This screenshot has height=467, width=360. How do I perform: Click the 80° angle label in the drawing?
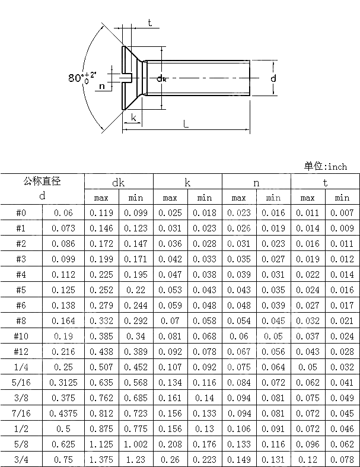tap(79, 78)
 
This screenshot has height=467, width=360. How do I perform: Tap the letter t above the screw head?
tap(149, 23)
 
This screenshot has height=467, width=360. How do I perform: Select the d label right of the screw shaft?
tap(273, 78)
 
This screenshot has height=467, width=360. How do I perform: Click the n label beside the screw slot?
tap(102, 87)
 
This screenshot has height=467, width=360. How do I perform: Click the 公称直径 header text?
tap(42, 182)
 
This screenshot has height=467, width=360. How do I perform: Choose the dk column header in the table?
tap(119, 183)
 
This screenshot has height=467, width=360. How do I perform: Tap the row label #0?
tap(21, 212)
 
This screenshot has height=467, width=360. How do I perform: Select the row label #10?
tap(21, 336)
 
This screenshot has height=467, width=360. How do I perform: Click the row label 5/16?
tap(21, 382)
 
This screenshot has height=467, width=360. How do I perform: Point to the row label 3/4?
tap(21, 459)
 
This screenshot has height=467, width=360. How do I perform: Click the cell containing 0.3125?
tap(63, 382)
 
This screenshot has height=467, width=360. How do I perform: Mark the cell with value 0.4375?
tap(63, 413)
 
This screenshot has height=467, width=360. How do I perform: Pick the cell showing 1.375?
tap(101, 459)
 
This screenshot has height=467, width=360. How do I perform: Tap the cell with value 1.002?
tap(136, 444)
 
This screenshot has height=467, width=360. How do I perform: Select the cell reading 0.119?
tap(101, 212)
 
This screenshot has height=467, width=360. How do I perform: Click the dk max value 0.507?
tap(101, 367)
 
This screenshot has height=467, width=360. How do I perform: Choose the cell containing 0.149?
tap(239, 459)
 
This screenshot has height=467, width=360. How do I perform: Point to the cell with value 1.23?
tap(136, 459)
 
